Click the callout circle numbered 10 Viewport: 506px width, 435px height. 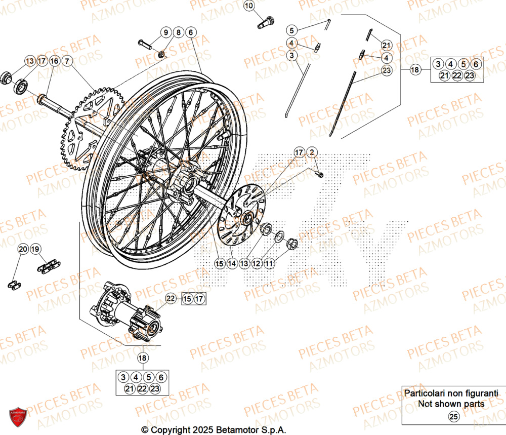tap(249, 6)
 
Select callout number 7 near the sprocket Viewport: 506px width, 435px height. tap(68, 61)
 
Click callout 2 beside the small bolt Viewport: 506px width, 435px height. tap(312, 152)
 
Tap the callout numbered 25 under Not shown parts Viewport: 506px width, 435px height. tap(453, 417)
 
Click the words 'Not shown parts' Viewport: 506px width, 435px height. tap(451, 404)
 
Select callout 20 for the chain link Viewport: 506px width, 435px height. tap(23, 249)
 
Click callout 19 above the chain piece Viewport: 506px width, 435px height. tap(35, 249)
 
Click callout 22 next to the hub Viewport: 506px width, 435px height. tap(171, 299)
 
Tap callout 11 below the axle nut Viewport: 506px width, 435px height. tap(269, 263)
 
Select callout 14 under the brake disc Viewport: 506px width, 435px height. tap(232, 263)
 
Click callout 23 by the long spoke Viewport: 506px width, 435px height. tap(387, 71)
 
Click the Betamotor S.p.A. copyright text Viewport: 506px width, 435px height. tap(210, 429)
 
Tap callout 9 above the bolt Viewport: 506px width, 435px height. tap(165, 32)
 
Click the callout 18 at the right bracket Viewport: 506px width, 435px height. tap(415, 70)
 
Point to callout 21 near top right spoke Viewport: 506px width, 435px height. tap(387, 45)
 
